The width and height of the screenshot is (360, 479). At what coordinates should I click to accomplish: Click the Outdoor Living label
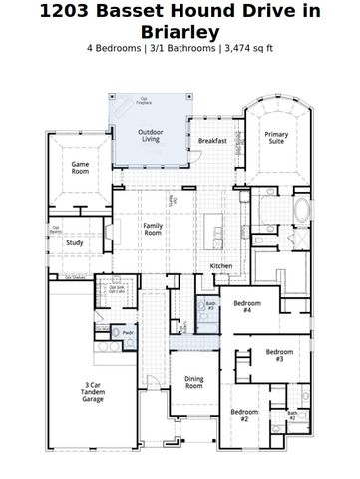click(x=151, y=135)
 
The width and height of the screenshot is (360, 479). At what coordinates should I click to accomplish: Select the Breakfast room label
click(x=212, y=141)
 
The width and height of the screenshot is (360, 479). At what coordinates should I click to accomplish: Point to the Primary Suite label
click(x=276, y=138)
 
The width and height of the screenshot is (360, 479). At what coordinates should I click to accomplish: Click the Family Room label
click(x=153, y=230)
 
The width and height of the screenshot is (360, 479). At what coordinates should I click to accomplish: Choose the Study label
click(x=75, y=242)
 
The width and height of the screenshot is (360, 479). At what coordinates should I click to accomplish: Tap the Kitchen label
click(x=221, y=266)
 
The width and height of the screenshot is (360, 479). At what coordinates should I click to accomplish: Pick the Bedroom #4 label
click(x=247, y=306)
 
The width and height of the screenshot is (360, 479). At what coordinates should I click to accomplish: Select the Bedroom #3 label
click(x=280, y=355)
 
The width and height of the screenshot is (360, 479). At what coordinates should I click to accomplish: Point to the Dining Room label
click(x=193, y=382)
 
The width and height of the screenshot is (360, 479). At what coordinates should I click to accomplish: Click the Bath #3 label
click(x=211, y=306)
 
